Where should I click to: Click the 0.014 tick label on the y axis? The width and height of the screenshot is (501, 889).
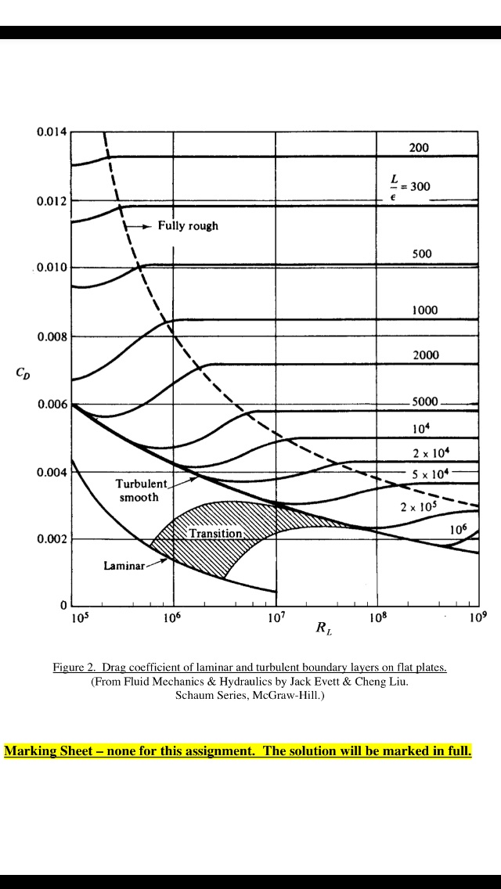(x=52, y=131)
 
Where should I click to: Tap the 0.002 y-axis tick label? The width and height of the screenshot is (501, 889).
(x=52, y=540)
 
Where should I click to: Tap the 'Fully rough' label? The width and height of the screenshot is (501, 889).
(x=188, y=226)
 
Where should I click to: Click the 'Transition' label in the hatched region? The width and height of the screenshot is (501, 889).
(x=215, y=533)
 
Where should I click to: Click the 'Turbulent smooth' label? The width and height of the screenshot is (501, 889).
(x=139, y=491)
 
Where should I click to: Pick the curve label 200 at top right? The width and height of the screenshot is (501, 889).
(x=419, y=148)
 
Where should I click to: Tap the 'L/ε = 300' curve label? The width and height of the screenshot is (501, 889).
(x=409, y=188)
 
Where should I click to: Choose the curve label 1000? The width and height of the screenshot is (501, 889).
(x=424, y=310)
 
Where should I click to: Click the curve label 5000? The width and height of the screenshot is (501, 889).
(x=425, y=402)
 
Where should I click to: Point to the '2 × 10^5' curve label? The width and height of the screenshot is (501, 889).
(x=417, y=507)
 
